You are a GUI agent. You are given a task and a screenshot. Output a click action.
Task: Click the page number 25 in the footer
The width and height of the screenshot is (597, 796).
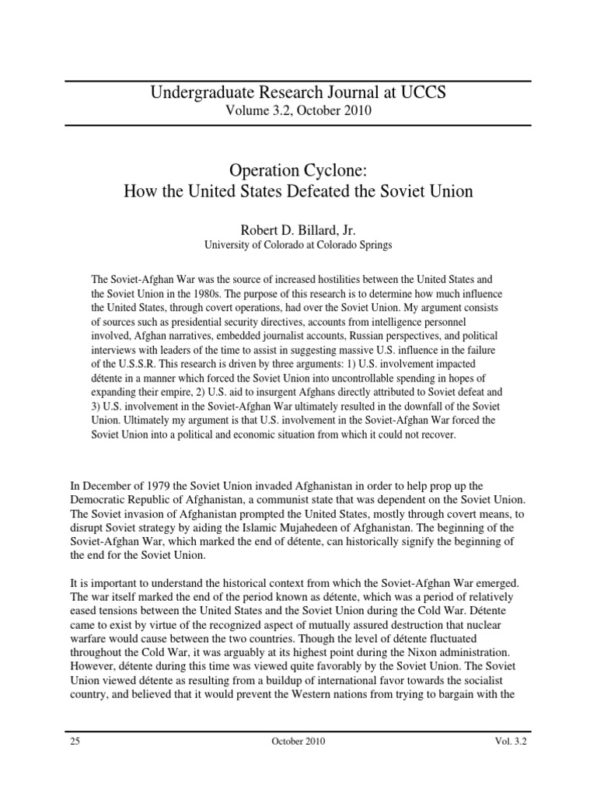pyautogui.click(x=75, y=741)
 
